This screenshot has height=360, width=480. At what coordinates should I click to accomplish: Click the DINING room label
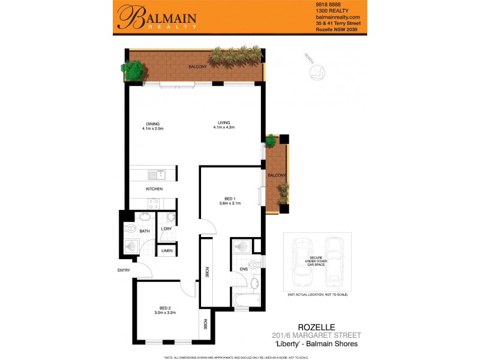click(x=152, y=124)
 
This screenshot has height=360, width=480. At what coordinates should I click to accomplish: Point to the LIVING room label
click(x=224, y=123)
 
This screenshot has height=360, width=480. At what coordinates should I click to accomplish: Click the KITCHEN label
click(x=154, y=189)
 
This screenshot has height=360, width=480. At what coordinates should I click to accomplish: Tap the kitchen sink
click(x=160, y=175)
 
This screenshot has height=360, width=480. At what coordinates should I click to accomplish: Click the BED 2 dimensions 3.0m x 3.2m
click(x=164, y=313)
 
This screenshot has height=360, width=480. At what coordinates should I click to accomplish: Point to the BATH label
click(x=145, y=230)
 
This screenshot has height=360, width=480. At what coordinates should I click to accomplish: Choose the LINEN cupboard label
click(x=167, y=251)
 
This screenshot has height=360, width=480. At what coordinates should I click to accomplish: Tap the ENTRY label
click(x=124, y=271)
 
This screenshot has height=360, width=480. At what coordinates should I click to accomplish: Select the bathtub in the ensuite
click(x=246, y=299)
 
